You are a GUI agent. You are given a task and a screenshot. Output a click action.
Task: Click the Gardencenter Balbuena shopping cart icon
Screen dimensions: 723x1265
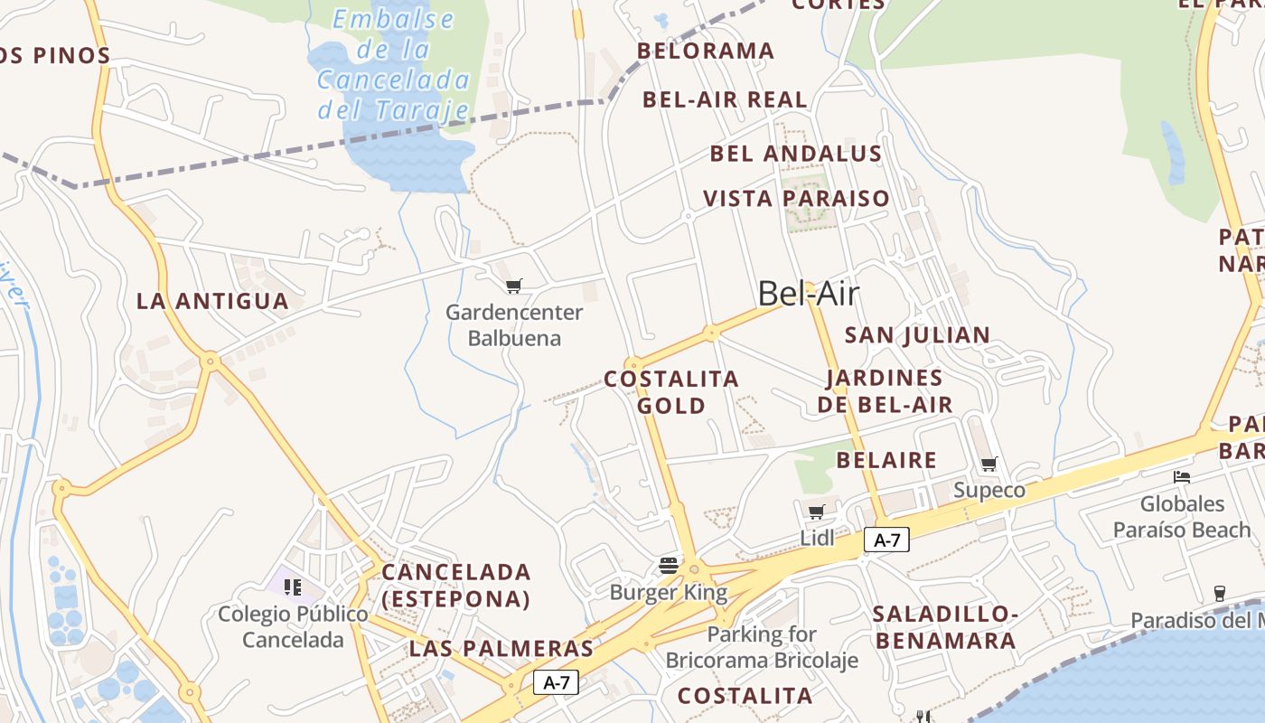click(514, 286)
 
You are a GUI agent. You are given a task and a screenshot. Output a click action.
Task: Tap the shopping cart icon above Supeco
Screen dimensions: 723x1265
click(989, 465)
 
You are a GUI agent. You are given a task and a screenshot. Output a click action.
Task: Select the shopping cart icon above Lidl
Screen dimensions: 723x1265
click(817, 512)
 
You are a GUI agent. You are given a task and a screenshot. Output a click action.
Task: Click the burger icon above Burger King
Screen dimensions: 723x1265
click(669, 567)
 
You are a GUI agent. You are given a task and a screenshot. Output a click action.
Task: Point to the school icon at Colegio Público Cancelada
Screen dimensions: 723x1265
click(293, 587)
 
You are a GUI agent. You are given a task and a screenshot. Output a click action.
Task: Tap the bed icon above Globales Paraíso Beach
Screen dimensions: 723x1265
click(1182, 477)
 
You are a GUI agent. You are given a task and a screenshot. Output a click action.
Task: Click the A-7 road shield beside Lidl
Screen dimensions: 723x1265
click(886, 540)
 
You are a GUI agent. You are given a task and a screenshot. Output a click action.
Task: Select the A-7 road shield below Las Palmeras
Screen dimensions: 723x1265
click(556, 682)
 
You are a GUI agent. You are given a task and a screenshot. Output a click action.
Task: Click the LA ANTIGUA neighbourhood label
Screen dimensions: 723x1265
click(212, 301)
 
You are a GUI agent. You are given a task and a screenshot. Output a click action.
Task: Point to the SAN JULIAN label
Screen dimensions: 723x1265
click(917, 335)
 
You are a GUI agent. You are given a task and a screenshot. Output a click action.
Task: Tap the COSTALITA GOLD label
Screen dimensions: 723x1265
click(671, 392)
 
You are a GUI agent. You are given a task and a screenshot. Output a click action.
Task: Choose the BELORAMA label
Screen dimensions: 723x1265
click(706, 52)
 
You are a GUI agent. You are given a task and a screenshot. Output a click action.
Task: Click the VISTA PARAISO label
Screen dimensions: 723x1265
click(796, 198)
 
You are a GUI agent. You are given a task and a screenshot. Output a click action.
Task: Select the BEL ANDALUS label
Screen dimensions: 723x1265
click(795, 154)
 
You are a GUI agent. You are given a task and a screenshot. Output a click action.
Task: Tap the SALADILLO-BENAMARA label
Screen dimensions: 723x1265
click(945, 628)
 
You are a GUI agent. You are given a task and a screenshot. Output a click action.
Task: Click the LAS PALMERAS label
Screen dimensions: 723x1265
click(501, 649)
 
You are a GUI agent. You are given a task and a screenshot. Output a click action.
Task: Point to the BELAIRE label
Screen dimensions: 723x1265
click(886, 460)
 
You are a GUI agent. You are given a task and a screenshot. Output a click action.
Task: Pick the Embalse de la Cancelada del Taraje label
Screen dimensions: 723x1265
click(394, 64)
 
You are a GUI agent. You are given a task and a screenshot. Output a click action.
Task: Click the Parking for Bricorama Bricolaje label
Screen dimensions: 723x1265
click(762, 647)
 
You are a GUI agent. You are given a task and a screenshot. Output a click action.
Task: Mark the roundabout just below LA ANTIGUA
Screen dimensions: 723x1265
click(211, 361)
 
